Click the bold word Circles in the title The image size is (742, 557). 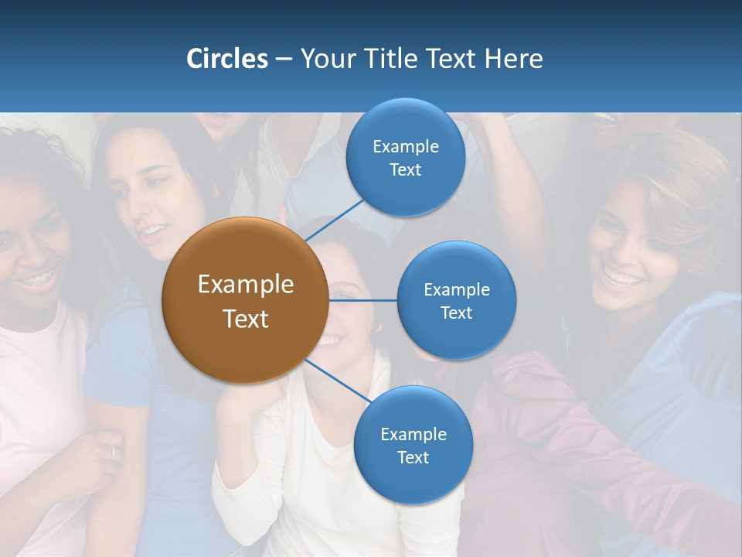pos(226,59)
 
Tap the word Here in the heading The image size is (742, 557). pos(514,59)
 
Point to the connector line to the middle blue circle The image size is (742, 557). pos(362,300)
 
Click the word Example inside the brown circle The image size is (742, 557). pos(245,285)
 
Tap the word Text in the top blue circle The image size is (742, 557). pos(405,170)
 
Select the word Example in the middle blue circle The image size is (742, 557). pos(456,289)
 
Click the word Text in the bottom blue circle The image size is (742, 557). pos(413,458)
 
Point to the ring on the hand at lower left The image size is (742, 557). pos(113,453)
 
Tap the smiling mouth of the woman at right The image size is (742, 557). pos(622,277)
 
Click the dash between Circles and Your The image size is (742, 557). pos(284,59)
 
